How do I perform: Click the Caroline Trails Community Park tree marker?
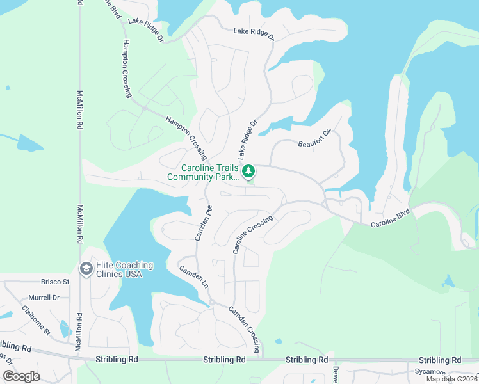[248, 171]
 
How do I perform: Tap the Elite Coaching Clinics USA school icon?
[85, 269]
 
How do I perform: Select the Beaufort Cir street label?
[314, 138]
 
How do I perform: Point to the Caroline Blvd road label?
[390, 222]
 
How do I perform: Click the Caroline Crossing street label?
[253, 235]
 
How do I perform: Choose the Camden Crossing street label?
[245, 329]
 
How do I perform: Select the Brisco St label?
[55, 282]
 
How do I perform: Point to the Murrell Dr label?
[44, 298]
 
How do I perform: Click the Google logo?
[21, 376]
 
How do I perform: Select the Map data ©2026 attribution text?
[451, 379]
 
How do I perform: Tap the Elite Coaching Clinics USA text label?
[125, 269]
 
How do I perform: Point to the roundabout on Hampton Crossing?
[145, 108]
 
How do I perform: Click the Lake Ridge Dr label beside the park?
[247, 139]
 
